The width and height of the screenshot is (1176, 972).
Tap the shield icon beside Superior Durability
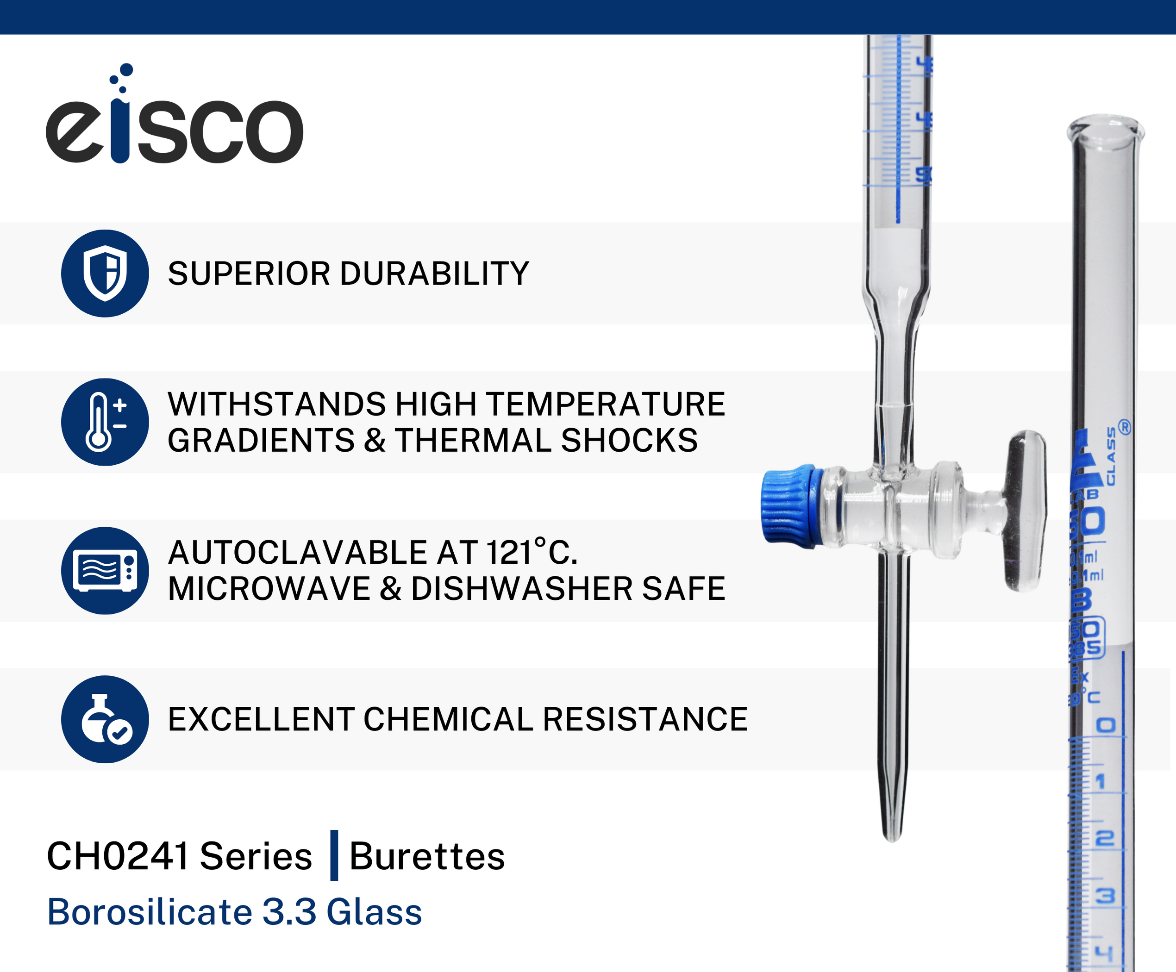coord(105,273)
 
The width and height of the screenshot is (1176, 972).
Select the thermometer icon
coord(105,422)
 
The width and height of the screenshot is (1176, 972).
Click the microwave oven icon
coord(105,571)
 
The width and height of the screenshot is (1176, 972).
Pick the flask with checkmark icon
coord(105,719)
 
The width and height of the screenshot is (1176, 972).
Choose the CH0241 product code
coord(118,857)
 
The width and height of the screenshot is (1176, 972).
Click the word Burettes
coord(427,857)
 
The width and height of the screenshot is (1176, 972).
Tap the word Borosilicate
coord(150,912)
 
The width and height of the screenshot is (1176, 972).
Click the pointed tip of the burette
coord(892,834)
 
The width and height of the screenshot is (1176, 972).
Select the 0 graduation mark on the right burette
coord(1106,726)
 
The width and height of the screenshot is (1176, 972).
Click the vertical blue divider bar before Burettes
coord(334,855)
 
